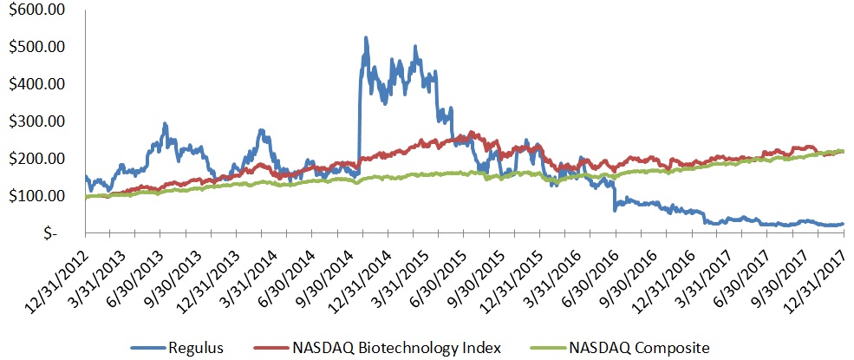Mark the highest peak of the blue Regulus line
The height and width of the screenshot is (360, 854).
366,38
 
